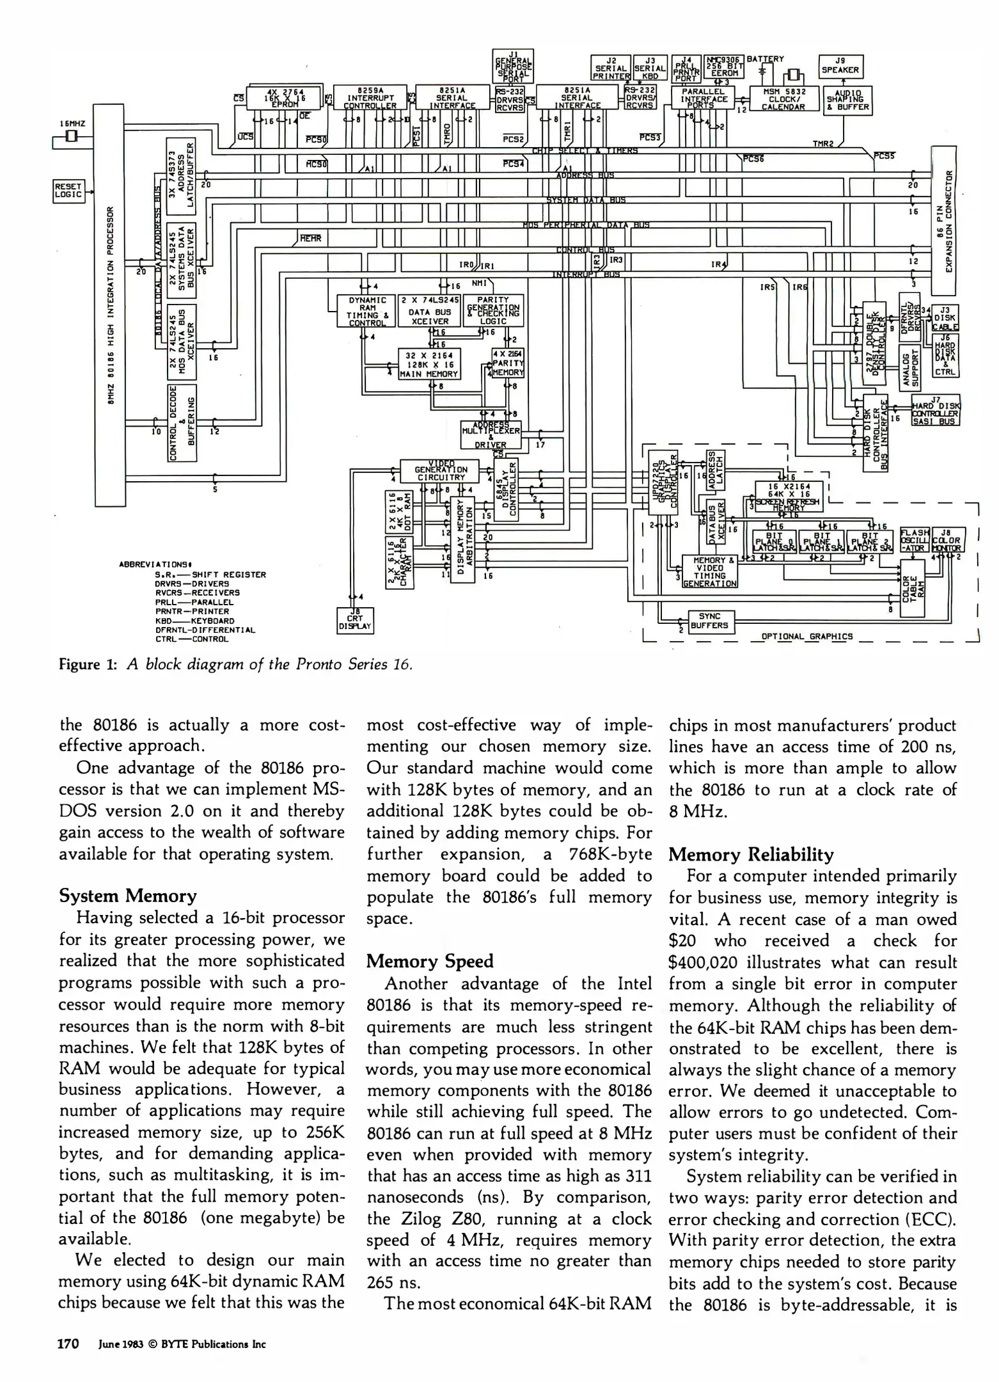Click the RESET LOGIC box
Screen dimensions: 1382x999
(68, 191)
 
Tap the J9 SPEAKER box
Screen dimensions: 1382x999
(840, 67)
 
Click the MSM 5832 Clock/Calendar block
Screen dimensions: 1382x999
(784, 99)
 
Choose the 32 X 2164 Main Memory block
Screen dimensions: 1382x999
(429, 364)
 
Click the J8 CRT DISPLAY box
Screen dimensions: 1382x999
(355, 619)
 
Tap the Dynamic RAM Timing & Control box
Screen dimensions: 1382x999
(366, 311)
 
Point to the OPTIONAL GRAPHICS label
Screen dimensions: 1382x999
(806, 637)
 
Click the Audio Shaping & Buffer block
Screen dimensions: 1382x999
(848, 100)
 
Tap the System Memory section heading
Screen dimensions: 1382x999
(127, 896)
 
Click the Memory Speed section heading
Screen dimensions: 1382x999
(430, 962)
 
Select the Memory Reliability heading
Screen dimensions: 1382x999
(751, 855)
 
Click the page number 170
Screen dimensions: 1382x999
(68, 1344)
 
